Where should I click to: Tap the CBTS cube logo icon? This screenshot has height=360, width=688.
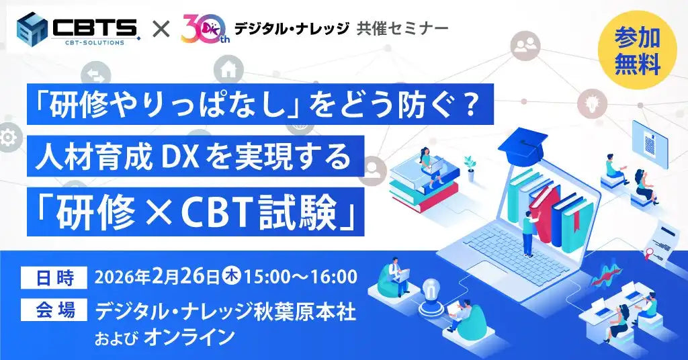34,29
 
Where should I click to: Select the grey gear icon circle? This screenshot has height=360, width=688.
7,138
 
